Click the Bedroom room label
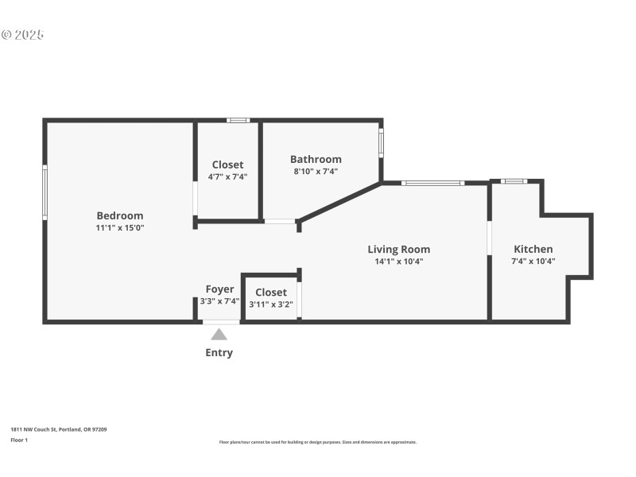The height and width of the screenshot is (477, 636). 120,215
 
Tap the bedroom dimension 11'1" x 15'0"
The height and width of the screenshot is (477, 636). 120,228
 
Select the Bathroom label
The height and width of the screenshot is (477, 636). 316,159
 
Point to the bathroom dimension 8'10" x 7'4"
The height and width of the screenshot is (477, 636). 316,171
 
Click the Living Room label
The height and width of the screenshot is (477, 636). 398,249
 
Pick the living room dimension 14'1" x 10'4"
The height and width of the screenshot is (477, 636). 398,262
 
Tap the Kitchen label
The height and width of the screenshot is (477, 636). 533,249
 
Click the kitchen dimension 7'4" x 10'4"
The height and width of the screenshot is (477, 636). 533,261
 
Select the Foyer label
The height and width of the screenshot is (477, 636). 219,289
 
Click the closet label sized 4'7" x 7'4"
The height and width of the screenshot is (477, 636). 227,165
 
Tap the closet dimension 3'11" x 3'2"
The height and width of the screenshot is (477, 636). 271,304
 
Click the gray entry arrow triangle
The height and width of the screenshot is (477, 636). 219,335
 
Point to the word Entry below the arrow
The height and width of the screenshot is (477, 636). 219,352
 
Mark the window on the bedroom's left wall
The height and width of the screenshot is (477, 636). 45,192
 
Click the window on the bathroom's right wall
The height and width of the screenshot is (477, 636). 381,143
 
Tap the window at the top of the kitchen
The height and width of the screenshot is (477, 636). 514,181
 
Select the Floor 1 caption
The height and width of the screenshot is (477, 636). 19,440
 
